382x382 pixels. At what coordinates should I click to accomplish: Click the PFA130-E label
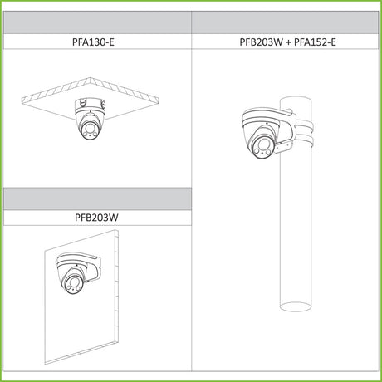93,42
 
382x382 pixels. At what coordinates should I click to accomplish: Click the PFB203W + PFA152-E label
287,42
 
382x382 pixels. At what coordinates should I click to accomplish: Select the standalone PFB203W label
96,218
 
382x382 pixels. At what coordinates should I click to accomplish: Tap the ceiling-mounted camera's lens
89,129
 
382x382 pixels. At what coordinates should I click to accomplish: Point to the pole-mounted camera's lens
262,144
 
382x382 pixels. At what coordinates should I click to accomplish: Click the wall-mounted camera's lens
73,282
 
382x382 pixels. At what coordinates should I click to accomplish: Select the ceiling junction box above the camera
90,105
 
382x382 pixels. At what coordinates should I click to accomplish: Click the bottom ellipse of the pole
296,306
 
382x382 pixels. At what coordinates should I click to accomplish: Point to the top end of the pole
296,100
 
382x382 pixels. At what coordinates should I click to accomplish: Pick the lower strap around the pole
305,142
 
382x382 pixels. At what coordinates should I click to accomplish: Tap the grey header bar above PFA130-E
97,22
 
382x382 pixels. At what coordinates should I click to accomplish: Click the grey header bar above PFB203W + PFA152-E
285,22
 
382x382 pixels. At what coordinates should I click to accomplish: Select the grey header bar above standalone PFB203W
97,198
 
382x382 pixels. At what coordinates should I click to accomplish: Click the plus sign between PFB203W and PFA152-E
288,42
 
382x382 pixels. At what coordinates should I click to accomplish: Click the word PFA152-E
315,42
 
